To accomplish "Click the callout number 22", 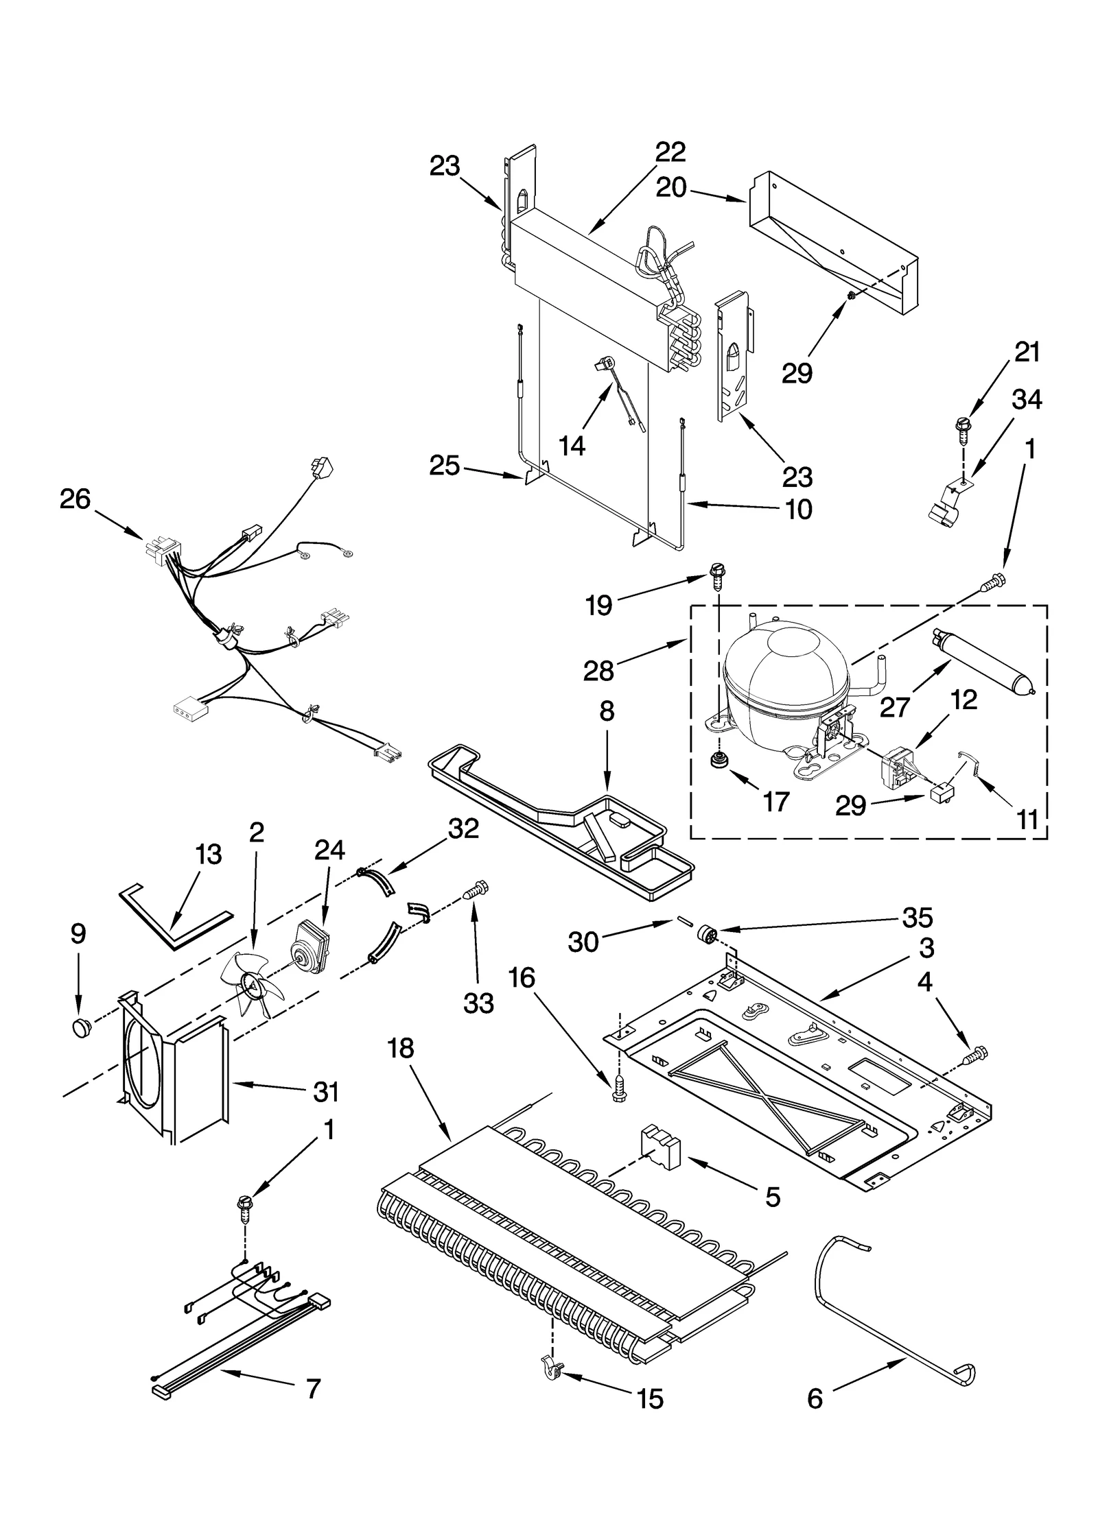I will point(669,152).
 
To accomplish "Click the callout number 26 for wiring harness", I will point(75,499).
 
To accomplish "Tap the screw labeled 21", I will point(961,425).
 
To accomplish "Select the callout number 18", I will point(401,1049).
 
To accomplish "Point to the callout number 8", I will point(607,711).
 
